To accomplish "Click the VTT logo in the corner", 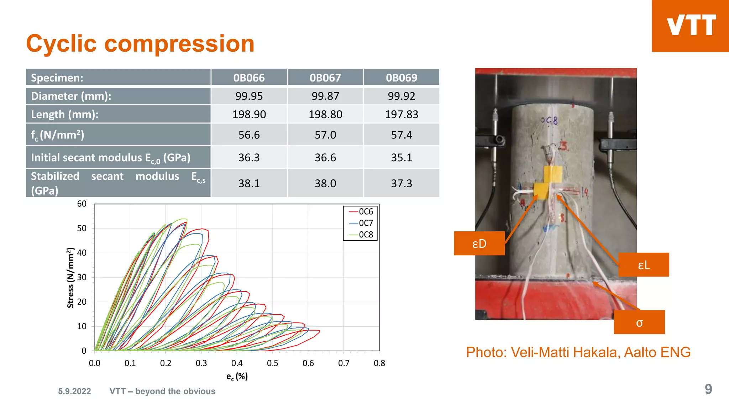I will (x=691, y=26).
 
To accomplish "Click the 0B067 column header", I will (x=325, y=78).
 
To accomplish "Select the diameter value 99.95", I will (x=249, y=96).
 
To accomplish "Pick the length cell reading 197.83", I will (x=401, y=115).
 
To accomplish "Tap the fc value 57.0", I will (x=325, y=135).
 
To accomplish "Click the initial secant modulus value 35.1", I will (x=401, y=157).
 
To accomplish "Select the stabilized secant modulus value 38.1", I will (x=249, y=183).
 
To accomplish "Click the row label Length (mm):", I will (x=65, y=115).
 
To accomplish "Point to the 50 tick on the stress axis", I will (x=82, y=228).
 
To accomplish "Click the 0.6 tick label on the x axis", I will (x=308, y=363).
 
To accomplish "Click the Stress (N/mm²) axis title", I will (x=70, y=278).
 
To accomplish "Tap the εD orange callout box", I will (x=479, y=243).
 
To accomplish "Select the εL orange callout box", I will (x=644, y=265).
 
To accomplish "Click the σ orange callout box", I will (x=639, y=322).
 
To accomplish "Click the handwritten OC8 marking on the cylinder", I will (x=549, y=121).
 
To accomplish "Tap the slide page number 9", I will (x=708, y=389).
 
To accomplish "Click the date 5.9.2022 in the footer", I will (x=75, y=391).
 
